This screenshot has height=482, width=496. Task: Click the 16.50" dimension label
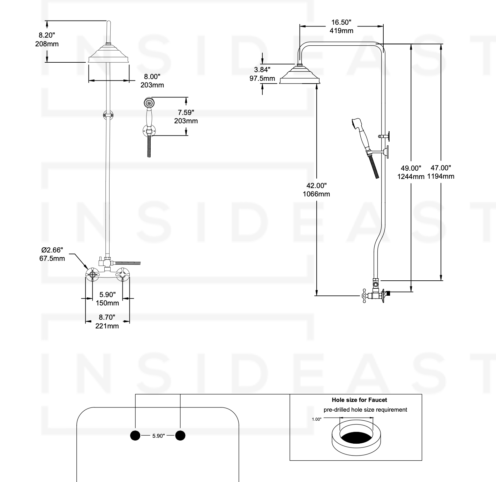341,23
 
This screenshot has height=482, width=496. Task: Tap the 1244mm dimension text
411,177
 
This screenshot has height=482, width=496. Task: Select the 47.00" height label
441,168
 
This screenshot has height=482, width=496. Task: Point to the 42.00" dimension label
316,186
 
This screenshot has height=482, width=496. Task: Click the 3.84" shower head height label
262,70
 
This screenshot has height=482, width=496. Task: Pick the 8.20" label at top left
47,35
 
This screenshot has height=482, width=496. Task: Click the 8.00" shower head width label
152,77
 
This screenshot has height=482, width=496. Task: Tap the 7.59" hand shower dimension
186,112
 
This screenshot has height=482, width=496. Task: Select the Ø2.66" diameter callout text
52,250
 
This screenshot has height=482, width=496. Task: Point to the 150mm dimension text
107,303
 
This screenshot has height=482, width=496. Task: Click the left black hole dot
135,435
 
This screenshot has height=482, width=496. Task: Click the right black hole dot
180,435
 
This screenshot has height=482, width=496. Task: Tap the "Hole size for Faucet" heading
359,400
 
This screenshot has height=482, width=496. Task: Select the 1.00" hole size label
316,419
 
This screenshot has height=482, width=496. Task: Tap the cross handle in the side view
365,295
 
